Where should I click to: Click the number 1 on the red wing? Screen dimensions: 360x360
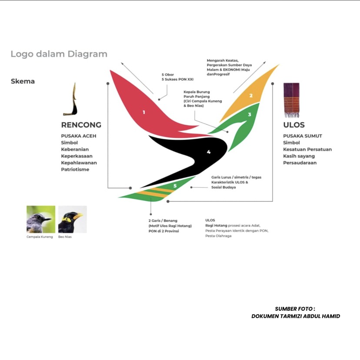[x=144, y=112]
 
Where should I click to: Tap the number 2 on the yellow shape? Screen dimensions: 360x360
[x=251, y=96]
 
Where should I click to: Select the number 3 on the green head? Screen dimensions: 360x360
[x=250, y=114]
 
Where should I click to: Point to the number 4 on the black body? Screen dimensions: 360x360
[x=208, y=152]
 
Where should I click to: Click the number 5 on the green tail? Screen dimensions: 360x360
[x=175, y=186]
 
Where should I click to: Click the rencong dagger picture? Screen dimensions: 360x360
[x=70, y=99]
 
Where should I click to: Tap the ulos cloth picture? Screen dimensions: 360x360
[x=291, y=100]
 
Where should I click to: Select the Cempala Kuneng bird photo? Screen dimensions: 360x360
[x=41, y=219]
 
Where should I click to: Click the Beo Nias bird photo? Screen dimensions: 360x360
[x=73, y=219]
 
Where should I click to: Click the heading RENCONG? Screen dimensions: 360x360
[x=81, y=125]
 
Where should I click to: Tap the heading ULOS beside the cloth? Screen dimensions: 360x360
[x=294, y=125]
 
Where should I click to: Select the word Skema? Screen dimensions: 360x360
[x=23, y=81]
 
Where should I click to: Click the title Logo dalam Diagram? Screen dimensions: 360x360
[x=59, y=54]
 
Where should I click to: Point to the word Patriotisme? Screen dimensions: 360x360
[x=75, y=170]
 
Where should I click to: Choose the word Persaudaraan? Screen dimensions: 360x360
[x=300, y=163]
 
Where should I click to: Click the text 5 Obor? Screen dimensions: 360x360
[x=167, y=75]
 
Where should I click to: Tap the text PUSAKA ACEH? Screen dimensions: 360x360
[x=79, y=136]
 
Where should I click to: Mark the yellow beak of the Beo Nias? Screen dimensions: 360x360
[x=78, y=216]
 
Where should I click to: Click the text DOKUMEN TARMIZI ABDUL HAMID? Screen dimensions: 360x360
[x=296, y=316]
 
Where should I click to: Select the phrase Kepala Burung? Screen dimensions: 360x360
[x=197, y=92]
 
